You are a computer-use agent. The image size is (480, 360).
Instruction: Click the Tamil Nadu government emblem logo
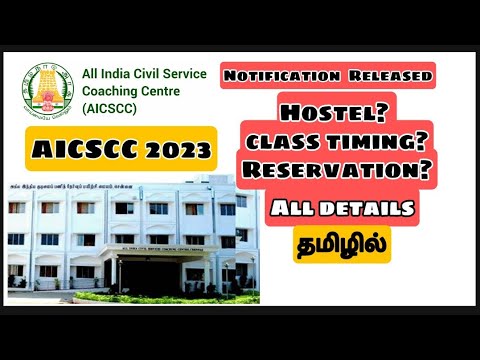(x=48, y=90)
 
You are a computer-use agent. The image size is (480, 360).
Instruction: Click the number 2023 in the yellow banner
(x=172, y=150)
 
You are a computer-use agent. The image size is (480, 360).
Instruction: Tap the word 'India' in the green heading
(x=124, y=73)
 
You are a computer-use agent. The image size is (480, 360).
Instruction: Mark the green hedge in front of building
(x=100, y=297)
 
